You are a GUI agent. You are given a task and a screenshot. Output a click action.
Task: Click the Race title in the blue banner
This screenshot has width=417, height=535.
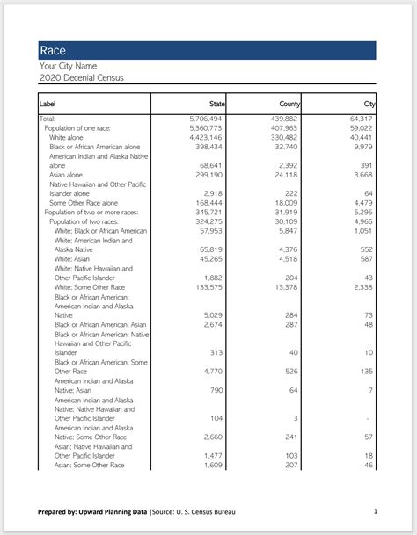click(53, 51)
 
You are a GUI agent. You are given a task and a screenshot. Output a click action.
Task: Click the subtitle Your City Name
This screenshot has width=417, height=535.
click(68, 66)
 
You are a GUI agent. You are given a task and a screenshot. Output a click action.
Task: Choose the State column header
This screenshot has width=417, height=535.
click(217, 105)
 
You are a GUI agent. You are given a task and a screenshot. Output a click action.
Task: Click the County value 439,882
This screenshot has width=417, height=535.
click(283, 119)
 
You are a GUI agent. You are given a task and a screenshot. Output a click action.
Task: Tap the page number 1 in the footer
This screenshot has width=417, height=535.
click(375, 510)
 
